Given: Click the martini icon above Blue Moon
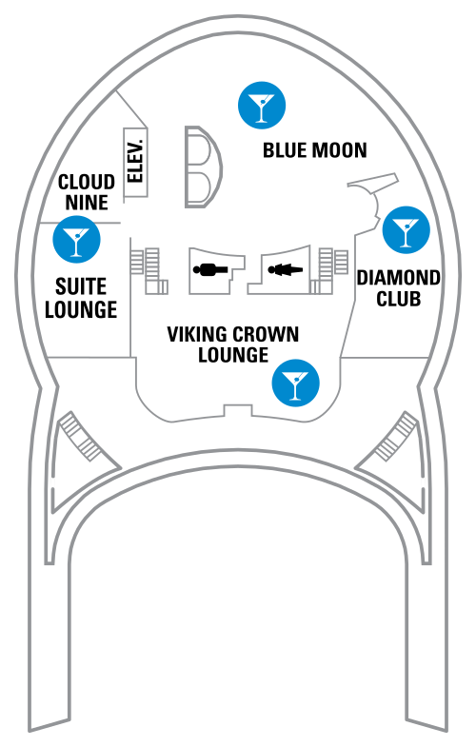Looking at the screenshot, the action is coord(262,106).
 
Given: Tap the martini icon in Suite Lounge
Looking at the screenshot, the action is coord(76,239).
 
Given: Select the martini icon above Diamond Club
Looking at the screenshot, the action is coord(406,229).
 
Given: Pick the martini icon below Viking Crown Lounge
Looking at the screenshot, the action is coord(295,383).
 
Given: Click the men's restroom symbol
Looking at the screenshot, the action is coord(210,270).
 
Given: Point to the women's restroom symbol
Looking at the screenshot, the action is coord(286,270).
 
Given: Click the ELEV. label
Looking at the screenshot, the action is coord(136,162).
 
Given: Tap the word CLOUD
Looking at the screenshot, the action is coord(87,182).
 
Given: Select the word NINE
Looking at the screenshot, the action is coord(87,203).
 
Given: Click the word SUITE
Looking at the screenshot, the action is coord(81,286).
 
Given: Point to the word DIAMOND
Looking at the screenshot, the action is coord(398,278).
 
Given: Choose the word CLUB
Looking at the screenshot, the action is coord(398,299).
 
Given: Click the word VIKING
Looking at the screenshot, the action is coord(193,334).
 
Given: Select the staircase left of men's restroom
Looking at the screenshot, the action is coord(149,270).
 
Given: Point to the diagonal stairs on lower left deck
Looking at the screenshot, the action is coord(80,437).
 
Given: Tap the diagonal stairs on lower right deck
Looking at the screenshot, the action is coord(396,437).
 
